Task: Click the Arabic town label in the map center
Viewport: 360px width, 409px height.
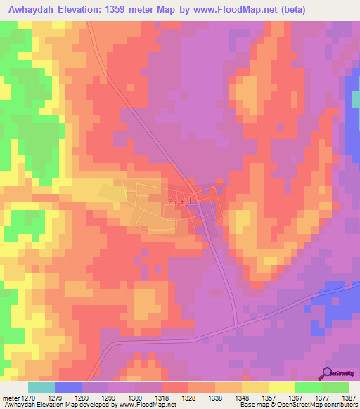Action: (176, 201)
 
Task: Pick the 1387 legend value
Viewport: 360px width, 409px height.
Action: (348, 398)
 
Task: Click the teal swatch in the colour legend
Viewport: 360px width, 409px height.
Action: (41, 387)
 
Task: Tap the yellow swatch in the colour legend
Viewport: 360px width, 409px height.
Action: (282, 387)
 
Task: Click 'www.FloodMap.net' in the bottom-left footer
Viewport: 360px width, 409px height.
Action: (147, 405)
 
